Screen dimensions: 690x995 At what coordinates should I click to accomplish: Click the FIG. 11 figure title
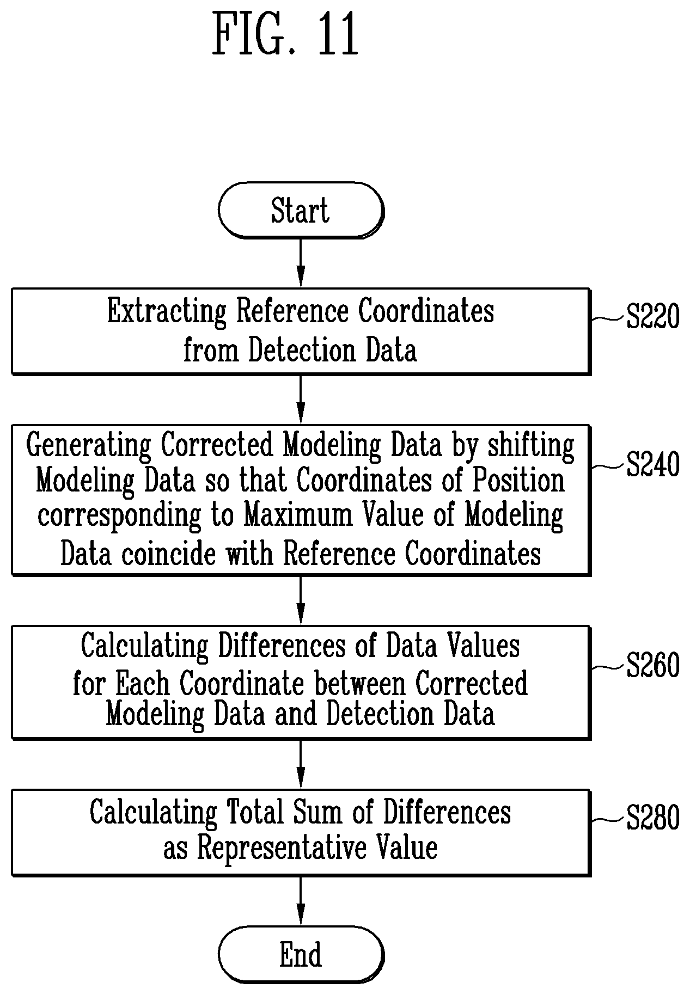click(285, 35)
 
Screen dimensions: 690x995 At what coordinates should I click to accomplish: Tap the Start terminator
click(301, 210)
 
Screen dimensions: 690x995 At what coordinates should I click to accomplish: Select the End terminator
click(301, 954)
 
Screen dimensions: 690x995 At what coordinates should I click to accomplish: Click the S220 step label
click(653, 317)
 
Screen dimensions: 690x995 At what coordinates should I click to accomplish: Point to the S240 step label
click(653, 465)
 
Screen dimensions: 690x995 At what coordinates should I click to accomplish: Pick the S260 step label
click(653, 665)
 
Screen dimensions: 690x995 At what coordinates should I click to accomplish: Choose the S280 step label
click(653, 818)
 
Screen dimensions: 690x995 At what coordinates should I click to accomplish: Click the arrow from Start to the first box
click(301, 263)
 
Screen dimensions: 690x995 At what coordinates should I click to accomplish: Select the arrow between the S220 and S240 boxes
click(301, 400)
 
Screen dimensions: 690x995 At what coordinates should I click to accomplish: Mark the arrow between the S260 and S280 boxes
click(301, 764)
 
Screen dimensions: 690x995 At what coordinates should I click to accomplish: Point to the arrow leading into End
click(301, 901)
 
